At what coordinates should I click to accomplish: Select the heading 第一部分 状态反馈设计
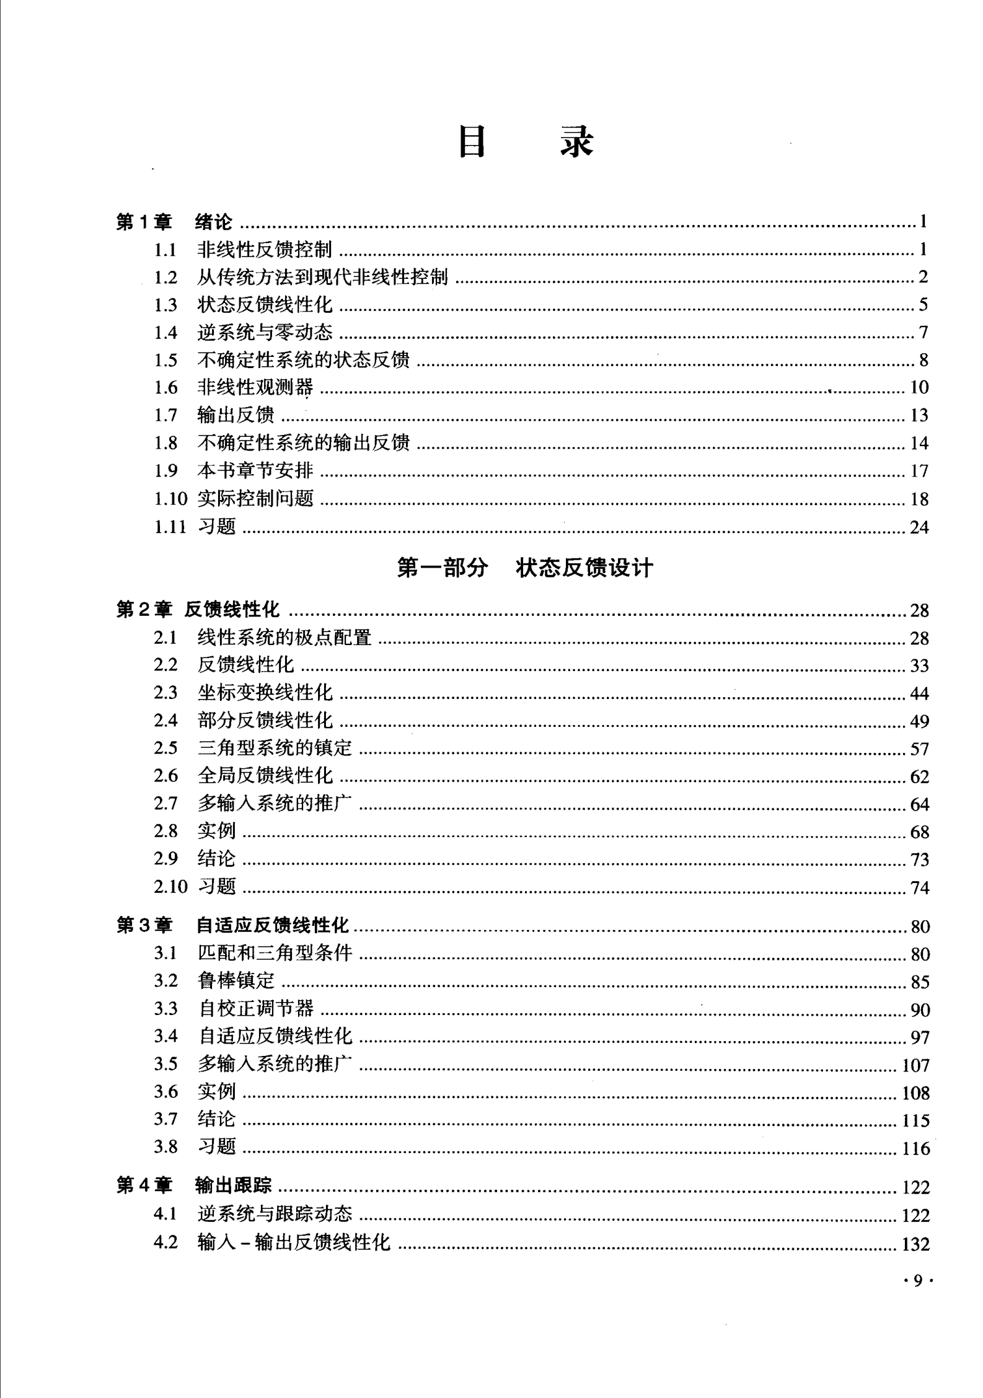(524, 568)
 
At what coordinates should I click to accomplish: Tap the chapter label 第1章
(144, 222)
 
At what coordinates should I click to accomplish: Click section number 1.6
(165, 388)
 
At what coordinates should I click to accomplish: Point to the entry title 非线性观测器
(255, 388)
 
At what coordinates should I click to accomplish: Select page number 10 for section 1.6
(919, 388)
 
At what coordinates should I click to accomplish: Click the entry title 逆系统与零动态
(265, 333)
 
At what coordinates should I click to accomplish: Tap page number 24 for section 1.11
(919, 527)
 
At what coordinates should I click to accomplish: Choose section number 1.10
(170, 499)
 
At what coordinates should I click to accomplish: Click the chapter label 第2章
(144, 610)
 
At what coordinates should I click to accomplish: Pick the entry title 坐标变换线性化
(265, 693)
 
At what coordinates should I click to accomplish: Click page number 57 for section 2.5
(919, 749)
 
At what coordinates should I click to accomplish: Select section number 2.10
(170, 887)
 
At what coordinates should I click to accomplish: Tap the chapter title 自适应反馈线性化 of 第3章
(273, 926)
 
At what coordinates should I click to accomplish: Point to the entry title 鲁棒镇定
(236, 981)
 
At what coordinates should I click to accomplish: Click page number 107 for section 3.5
(915, 1065)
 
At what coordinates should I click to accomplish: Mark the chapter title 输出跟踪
(233, 1185)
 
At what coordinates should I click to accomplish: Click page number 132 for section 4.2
(915, 1244)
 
